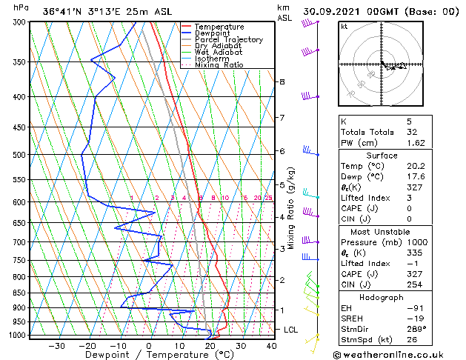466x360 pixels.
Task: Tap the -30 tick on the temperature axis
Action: point(56,345)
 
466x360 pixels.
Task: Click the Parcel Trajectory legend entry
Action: point(228,39)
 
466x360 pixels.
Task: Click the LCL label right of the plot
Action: point(292,329)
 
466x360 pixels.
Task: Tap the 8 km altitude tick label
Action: point(282,81)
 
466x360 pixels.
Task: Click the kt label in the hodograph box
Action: point(344,27)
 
